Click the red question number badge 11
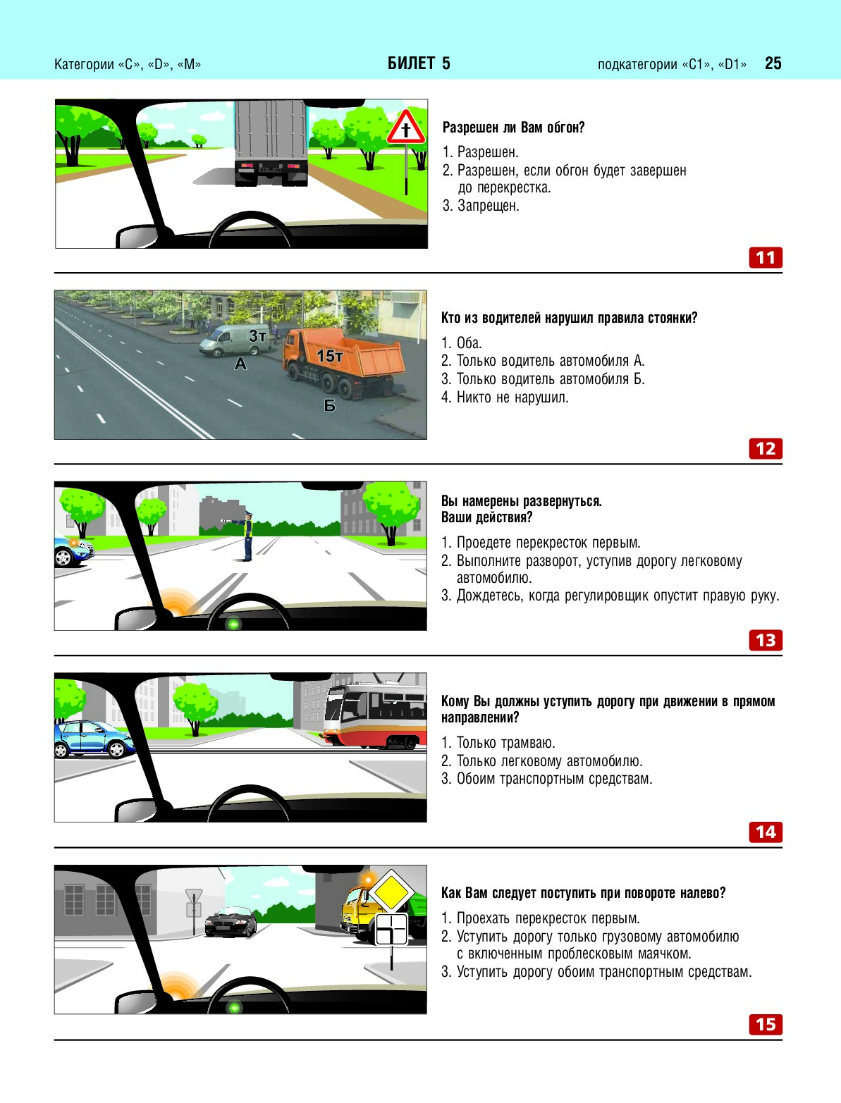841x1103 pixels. pyautogui.click(x=765, y=257)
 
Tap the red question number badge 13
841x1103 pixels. pyautogui.click(x=765, y=640)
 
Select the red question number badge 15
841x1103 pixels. pyautogui.click(x=765, y=1024)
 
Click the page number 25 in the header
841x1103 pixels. pyautogui.click(x=773, y=63)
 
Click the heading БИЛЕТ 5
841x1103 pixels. pyautogui.click(x=419, y=63)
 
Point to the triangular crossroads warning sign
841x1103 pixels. pyautogui.click(x=406, y=128)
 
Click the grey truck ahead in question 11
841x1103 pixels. pyautogui.click(x=271, y=143)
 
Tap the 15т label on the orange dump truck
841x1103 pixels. pyautogui.click(x=330, y=356)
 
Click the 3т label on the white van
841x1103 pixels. pyautogui.click(x=258, y=335)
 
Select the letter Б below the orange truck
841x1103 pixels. pyautogui.click(x=330, y=405)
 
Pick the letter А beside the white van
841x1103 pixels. pyautogui.click(x=240, y=363)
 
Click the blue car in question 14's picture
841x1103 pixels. pyautogui.click(x=94, y=739)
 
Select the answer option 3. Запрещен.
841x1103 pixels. pyautogui.click(x=481, y=206)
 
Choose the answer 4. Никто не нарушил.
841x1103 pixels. pyautogui.click(x=505, y=397)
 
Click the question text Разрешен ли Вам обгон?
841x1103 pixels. pyautogui.click(x=513, y=128)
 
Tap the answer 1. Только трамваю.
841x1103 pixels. pyautogui.click(x=498, y=742)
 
